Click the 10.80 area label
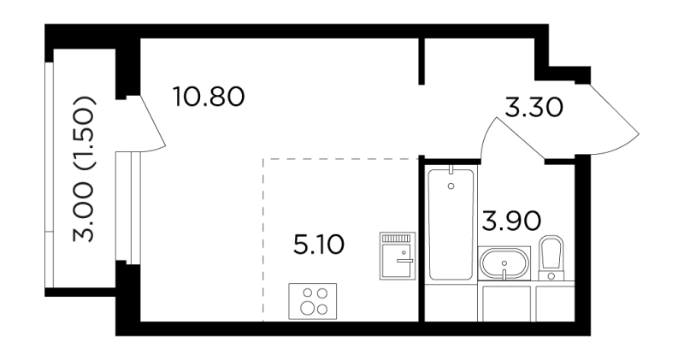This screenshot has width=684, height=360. coord(209,97)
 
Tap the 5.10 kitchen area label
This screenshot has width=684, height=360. coord(319,245)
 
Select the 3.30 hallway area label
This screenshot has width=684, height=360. coord(534,108)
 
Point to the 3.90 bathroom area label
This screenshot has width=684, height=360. coord(511,221)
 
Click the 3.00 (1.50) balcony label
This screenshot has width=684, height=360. coord(83,168)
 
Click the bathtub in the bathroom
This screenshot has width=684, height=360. coord(451,224)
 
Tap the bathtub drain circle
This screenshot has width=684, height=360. coord(451,186)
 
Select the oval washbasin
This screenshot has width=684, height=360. coord(504,263)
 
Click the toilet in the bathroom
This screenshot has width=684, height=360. coord(551,258)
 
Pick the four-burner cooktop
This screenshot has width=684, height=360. coord(312,301)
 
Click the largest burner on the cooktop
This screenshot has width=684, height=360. coord(307,308)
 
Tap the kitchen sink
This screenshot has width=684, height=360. coord(397,256)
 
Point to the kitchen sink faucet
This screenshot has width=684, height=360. coord(404,261)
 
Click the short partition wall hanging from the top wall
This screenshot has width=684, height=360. coord(422,61)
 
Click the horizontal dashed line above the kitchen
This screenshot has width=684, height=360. coord(340,159)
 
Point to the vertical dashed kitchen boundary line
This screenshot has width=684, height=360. coord(263,240)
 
